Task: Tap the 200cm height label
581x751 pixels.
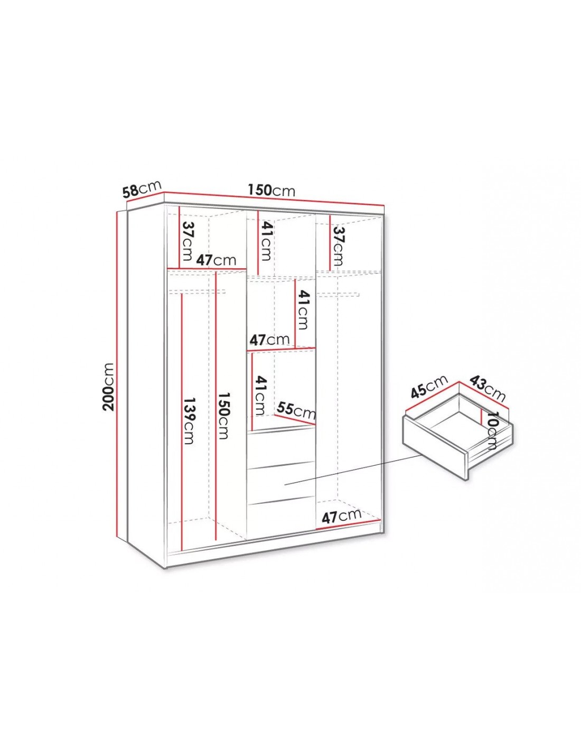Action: (109, 386)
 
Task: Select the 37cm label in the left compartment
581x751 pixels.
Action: (186, 241)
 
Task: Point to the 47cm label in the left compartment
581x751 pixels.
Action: (216, 260)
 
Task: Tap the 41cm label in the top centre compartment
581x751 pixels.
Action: (267, 240)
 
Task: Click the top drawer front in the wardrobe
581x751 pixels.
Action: (281, 446)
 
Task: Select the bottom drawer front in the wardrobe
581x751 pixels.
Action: (281, 518)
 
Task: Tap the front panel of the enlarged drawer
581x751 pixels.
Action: (435, 447)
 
